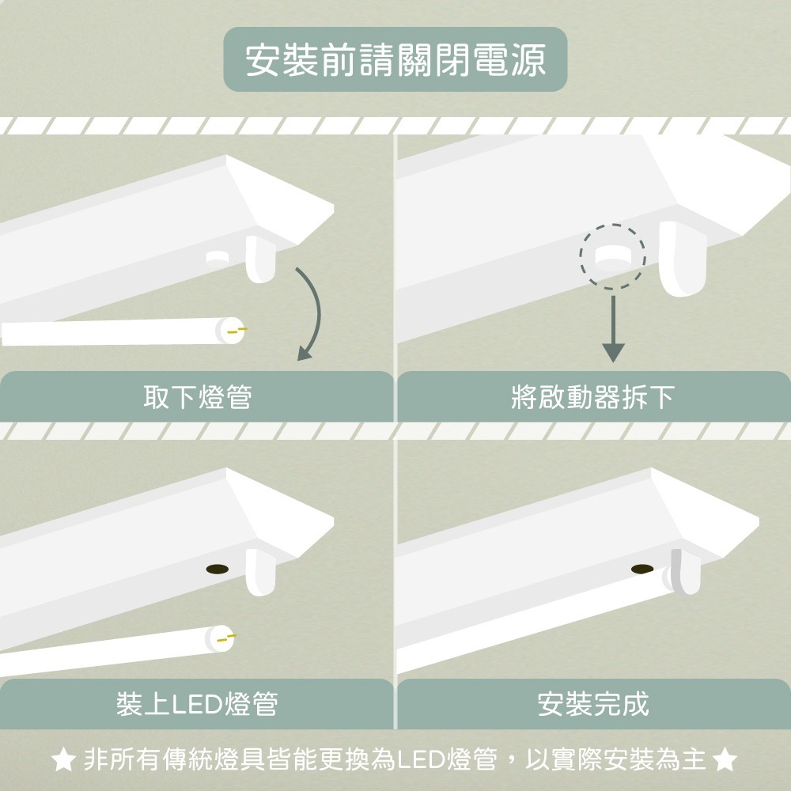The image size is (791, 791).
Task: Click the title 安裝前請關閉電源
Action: [395, 60]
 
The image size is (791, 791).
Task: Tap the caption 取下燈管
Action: [197, 397]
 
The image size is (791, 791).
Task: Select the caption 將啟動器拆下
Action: [593, 397]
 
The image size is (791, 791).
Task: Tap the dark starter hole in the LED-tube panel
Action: [216, 570]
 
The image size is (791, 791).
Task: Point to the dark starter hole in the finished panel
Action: [642, 568]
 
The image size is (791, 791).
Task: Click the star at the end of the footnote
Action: [725, 761]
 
